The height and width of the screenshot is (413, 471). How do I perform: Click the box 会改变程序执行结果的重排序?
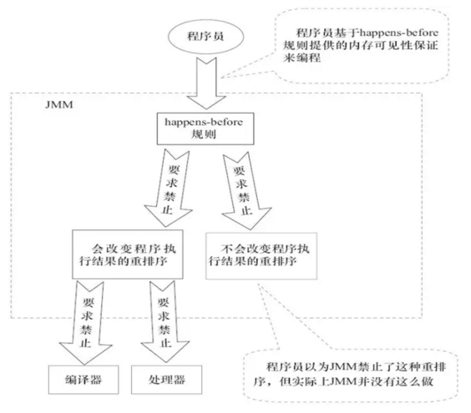(135, 254)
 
